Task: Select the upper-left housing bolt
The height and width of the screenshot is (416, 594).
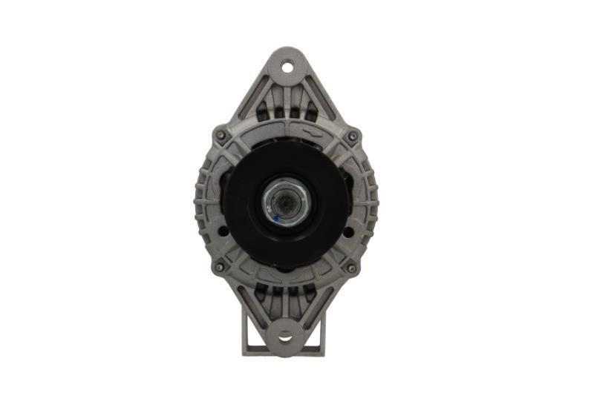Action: [x=221, y=136]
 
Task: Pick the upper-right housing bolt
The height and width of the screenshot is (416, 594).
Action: [x=352, y=136]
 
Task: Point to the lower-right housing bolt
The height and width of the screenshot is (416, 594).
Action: [x=351, y=267]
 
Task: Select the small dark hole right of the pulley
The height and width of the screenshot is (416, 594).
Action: [x=348, y=231]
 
